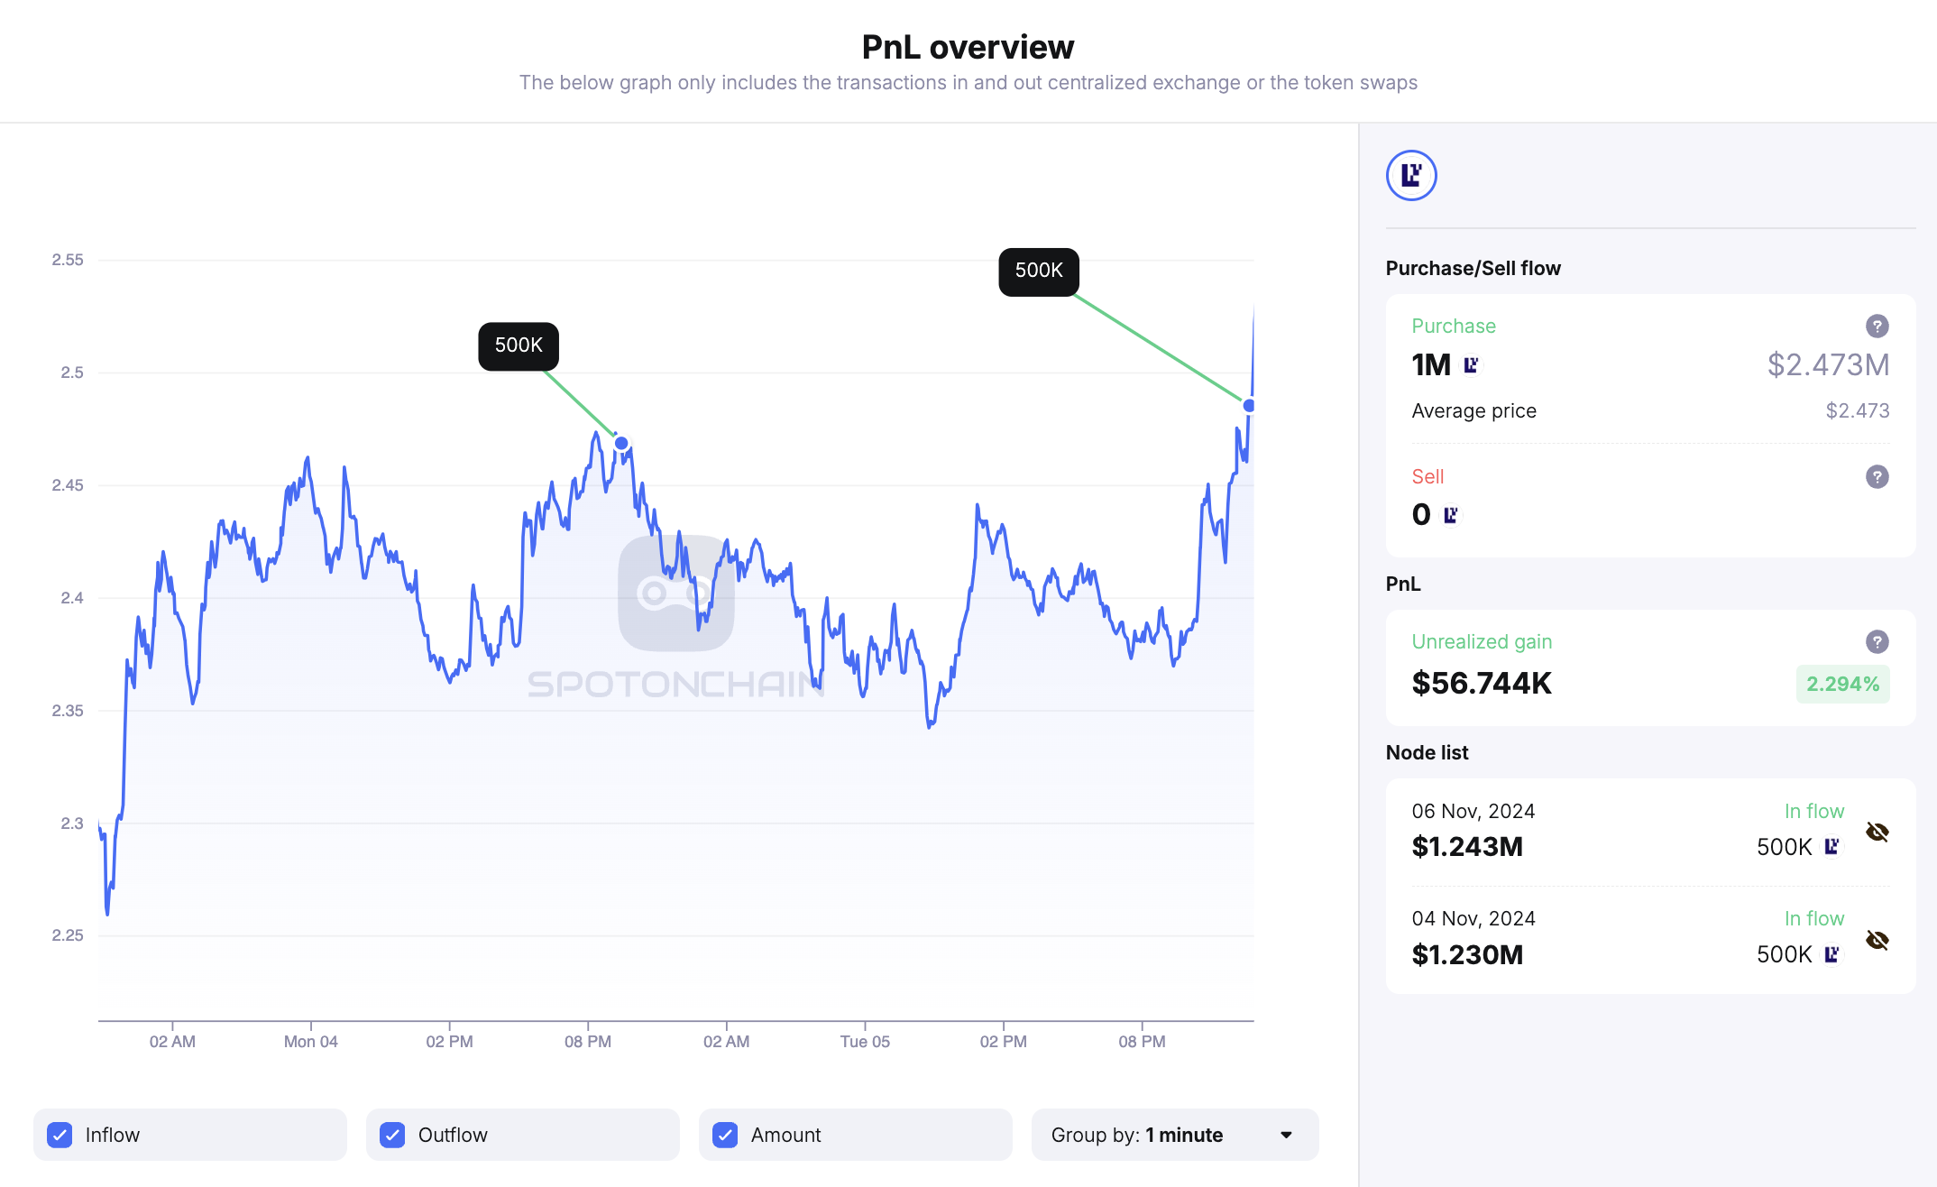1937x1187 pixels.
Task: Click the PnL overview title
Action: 968,47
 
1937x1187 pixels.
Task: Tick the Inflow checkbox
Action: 60,1135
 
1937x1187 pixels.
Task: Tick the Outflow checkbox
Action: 392,1135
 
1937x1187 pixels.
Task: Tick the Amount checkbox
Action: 725,1135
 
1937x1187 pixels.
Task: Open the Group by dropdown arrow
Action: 1287,1135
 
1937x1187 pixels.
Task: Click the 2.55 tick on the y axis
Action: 68,260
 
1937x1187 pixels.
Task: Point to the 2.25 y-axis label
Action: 68,935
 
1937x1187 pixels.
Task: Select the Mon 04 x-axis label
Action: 310,1042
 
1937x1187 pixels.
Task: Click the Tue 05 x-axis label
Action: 865,1042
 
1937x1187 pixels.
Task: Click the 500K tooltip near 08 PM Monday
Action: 519,345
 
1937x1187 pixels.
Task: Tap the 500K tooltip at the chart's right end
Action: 1039,271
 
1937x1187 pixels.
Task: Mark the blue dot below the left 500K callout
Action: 621,443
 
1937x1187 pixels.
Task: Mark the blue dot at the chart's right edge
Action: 1249,406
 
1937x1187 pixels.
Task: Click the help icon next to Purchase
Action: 1877,326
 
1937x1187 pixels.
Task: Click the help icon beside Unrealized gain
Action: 1877,641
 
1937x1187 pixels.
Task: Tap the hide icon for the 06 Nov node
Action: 1877,832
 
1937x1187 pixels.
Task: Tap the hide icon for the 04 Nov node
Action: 1877,940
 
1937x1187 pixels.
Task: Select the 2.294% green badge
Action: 1842,684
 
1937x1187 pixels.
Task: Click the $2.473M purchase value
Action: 1828,364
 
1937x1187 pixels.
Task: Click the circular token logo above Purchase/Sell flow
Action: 1411,175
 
